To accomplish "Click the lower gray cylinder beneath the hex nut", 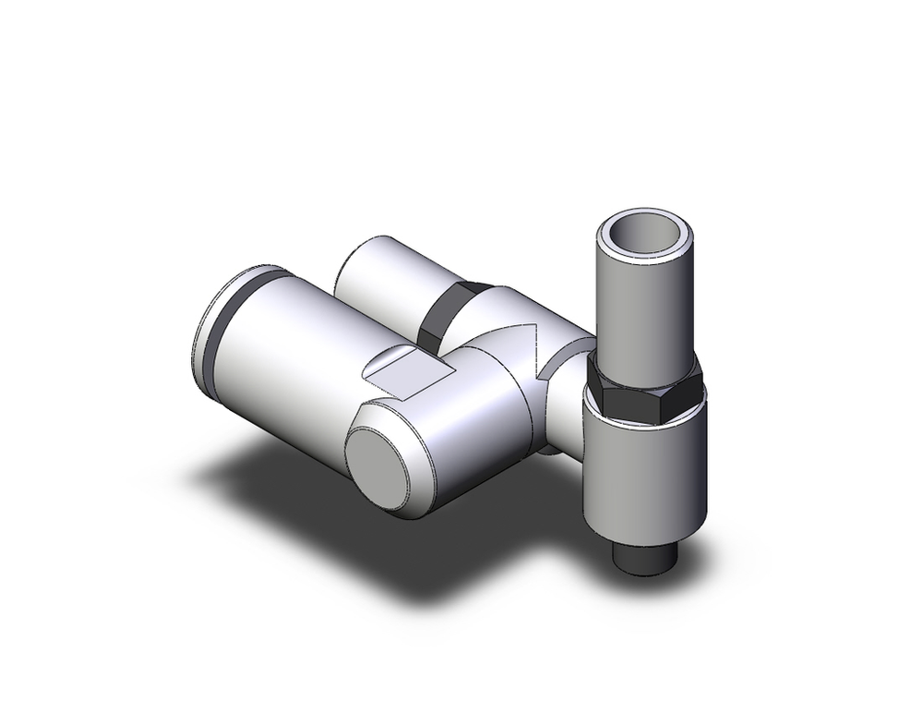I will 645,471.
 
